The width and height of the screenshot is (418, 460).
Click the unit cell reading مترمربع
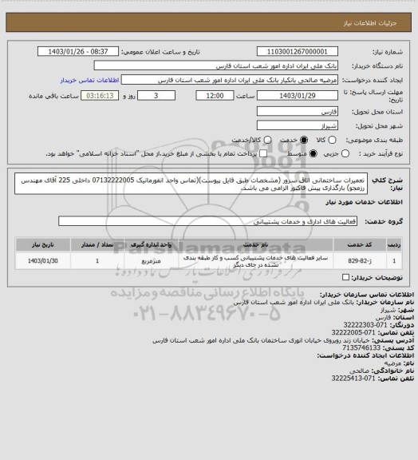152,260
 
